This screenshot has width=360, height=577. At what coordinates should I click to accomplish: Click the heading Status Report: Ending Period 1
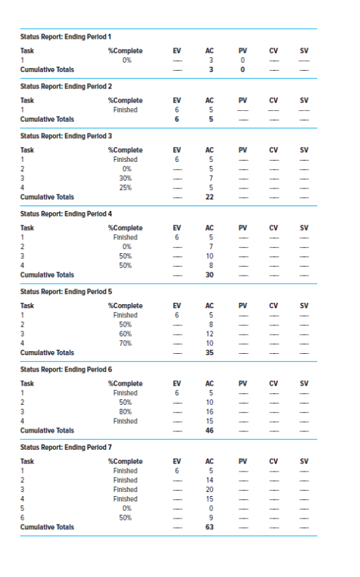[x=66, y=35]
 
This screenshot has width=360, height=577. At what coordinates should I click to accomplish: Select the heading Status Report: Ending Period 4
[x=66, y=214]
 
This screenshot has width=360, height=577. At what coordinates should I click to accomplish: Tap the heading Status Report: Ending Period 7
[x=66, y=447]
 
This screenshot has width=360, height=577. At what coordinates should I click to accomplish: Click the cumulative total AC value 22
[x=210, y=197]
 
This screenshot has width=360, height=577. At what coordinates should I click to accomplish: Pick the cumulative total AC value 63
[x=210, y=527]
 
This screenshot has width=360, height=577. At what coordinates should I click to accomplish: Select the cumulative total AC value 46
[x=210, y=431]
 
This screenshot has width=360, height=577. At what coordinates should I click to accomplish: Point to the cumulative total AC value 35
[x=210, y=353]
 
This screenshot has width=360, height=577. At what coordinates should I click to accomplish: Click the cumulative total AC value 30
[x=210, y=275]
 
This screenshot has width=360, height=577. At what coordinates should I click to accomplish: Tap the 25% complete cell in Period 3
[x=125, y=188]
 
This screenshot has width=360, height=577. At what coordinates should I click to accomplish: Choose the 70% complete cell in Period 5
[x=125, y=344]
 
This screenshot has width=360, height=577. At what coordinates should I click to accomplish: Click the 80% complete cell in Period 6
[x=125, y=412]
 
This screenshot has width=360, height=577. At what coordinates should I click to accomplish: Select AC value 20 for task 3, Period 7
[x=210, y=489]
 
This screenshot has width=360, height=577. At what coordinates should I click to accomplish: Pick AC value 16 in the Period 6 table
[x=210, y=412]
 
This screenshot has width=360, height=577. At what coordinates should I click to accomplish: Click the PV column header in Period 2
[x=242, y=100]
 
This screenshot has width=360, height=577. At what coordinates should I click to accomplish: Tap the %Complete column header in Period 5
[x=125, y=306]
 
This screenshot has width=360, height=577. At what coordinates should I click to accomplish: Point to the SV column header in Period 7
[x=304, y=461]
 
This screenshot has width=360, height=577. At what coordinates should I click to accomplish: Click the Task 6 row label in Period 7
[x=23, y=518]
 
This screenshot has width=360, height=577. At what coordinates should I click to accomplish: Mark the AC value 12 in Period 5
[x=210, y=334]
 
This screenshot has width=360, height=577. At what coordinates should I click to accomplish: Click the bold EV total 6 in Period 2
[x=176, y=119]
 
